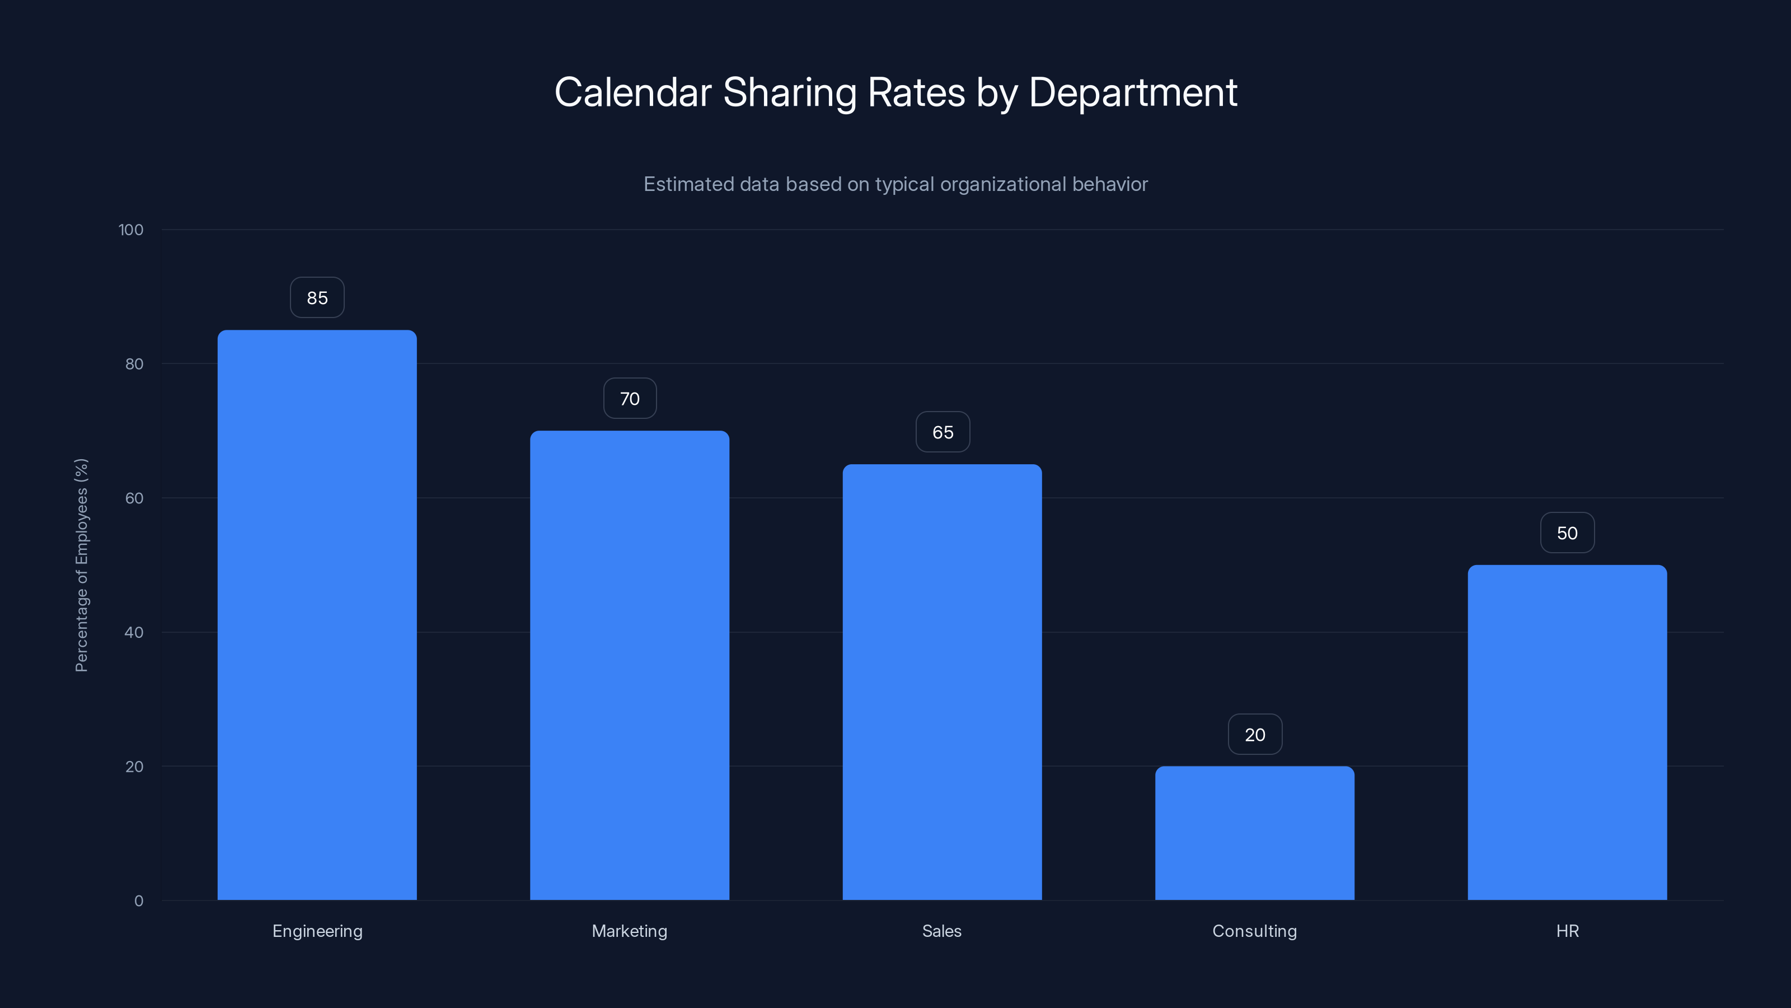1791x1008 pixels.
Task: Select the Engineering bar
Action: (x=317, y=615)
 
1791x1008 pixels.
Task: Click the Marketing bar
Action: (x=629, y=665)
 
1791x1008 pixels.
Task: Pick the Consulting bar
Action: (x=1254, y=833)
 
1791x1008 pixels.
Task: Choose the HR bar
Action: (x=1567, y=732)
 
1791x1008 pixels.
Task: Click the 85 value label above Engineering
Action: (x=317, y=298)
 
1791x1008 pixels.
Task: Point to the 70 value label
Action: (x=629, y=399)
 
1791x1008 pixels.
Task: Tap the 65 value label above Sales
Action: (x=942, y=432)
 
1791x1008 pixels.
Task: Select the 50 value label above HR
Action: (x=1567, y=533)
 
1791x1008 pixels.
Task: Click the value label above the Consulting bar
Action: (x=1254, y=735)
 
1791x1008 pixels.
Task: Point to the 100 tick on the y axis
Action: (x=131, y=230)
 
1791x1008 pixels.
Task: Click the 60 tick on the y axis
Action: (x=134, y=498)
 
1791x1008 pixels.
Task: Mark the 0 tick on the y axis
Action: (x=139, y=901)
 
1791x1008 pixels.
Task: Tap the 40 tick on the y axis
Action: (x=134, y=632)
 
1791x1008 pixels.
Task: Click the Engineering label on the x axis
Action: (x=317, y=931)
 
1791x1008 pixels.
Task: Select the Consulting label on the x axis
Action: (x=1254, y=931)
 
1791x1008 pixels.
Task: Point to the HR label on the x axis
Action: (x=1567, y=931)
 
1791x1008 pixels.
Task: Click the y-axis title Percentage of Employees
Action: (x=81, y=565)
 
